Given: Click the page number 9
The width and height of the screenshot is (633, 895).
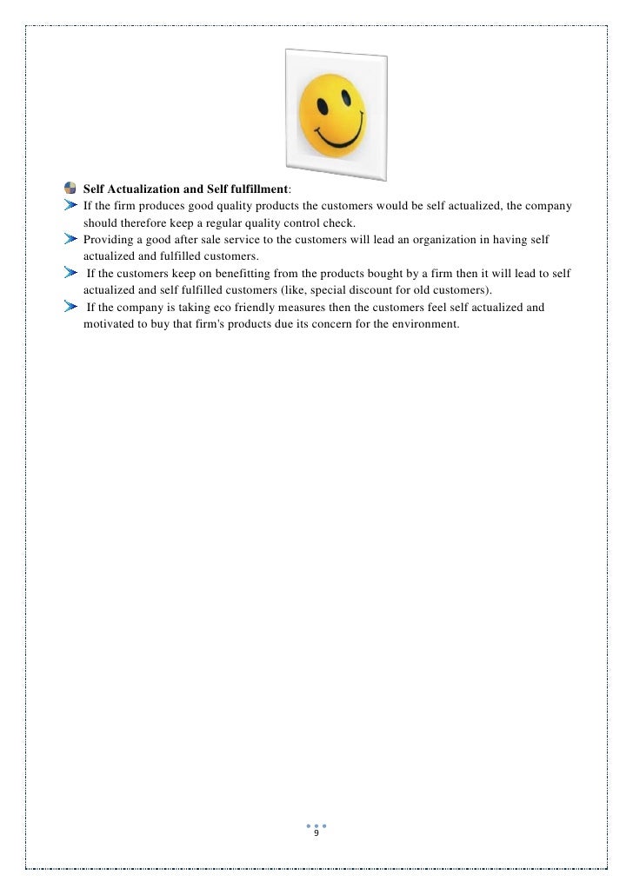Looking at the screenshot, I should (x=316, y=833).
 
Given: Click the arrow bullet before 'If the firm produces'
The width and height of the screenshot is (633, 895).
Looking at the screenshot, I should (x=70, y=206).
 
